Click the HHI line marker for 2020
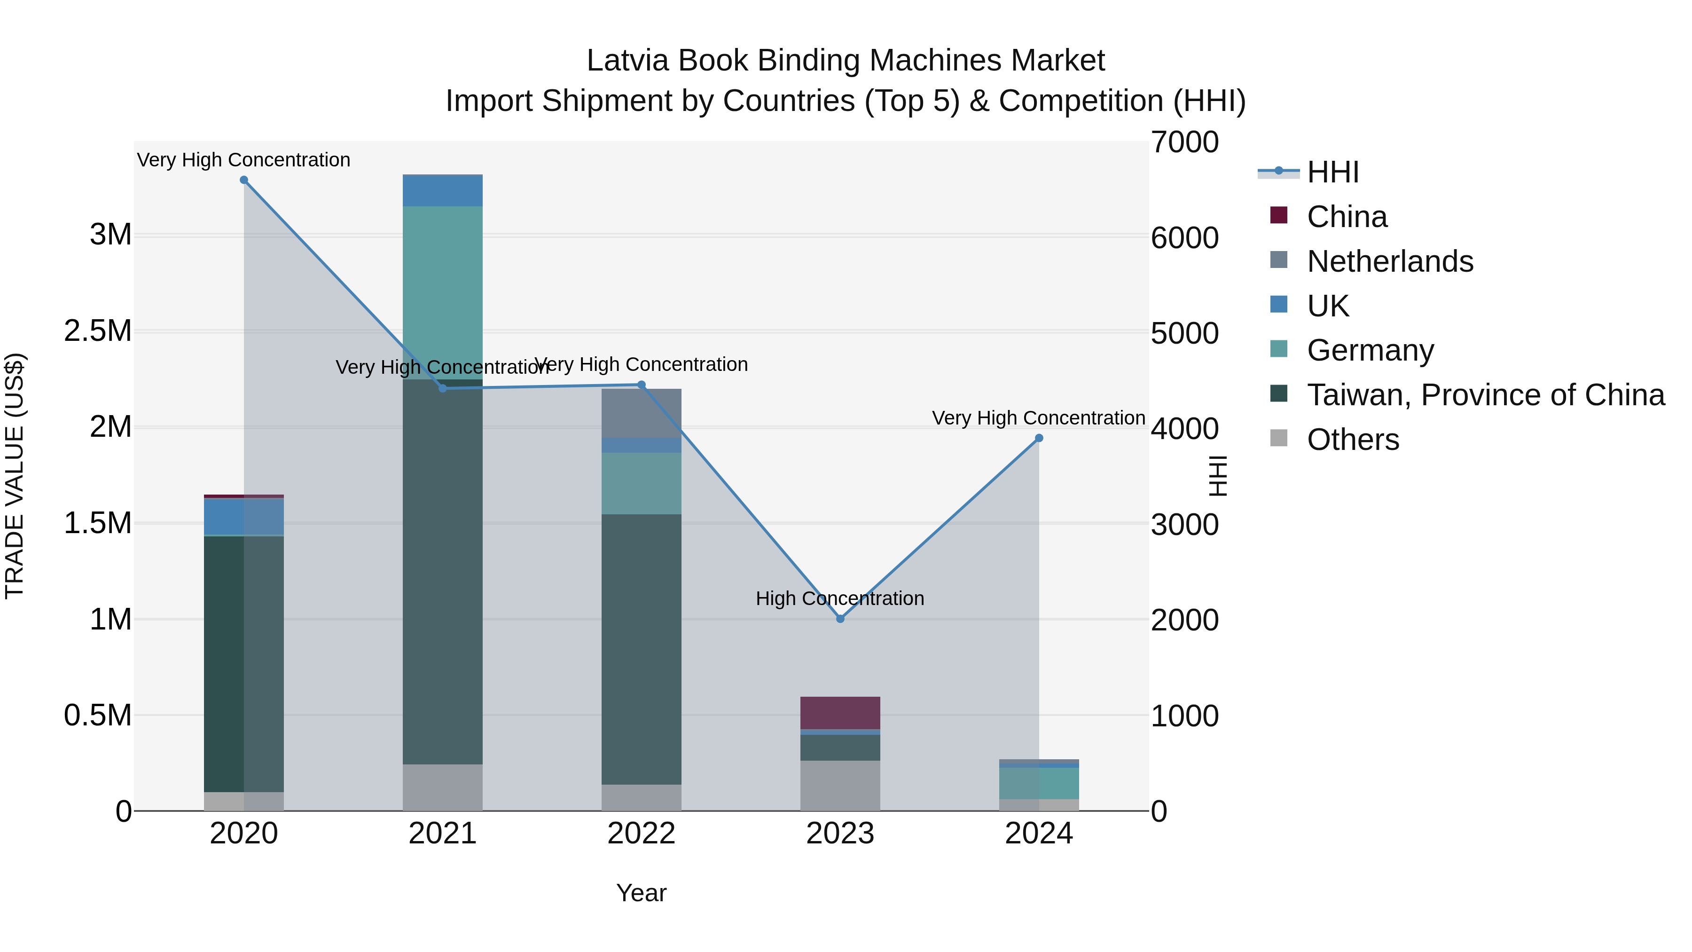[x=243, y=180]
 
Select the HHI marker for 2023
[x=840, y=619]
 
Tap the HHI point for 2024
[x=1038, y=438]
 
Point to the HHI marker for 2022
[x=642, y=385]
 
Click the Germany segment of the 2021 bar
[x=442, y=292]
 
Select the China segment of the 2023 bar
[x=840, y=713]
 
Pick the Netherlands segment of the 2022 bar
[x=642, y=413]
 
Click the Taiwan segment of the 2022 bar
[x=642, y=649]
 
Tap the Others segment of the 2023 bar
[x=840, y=786]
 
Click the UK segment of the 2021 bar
[x=442, y=190]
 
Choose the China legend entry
[x=1347, y=217]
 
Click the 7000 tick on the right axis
[x=1184, y=142]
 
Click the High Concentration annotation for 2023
[x=839, y=598]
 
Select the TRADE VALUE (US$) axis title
[x=15, y=476]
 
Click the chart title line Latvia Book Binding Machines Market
[x=846, y=61]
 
